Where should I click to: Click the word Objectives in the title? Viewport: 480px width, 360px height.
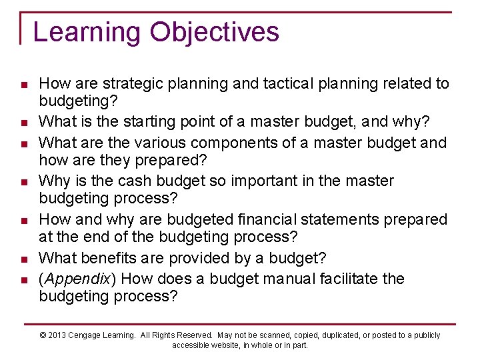215,32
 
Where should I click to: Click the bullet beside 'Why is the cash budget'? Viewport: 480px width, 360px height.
23,182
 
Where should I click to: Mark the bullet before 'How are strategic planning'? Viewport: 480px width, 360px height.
23,85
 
